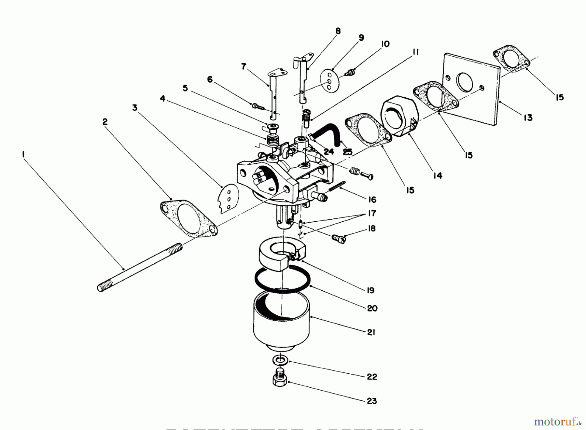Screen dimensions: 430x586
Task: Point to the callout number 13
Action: tap(528, 118)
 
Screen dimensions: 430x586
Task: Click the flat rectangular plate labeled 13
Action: tap(472, 88)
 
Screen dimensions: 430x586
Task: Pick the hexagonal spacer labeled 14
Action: tap(398, 116)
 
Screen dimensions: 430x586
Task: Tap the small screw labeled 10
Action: tap(351, 72)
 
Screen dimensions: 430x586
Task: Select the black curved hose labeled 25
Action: tap(329, 132)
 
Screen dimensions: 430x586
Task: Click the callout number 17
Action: tap(372, 213)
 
